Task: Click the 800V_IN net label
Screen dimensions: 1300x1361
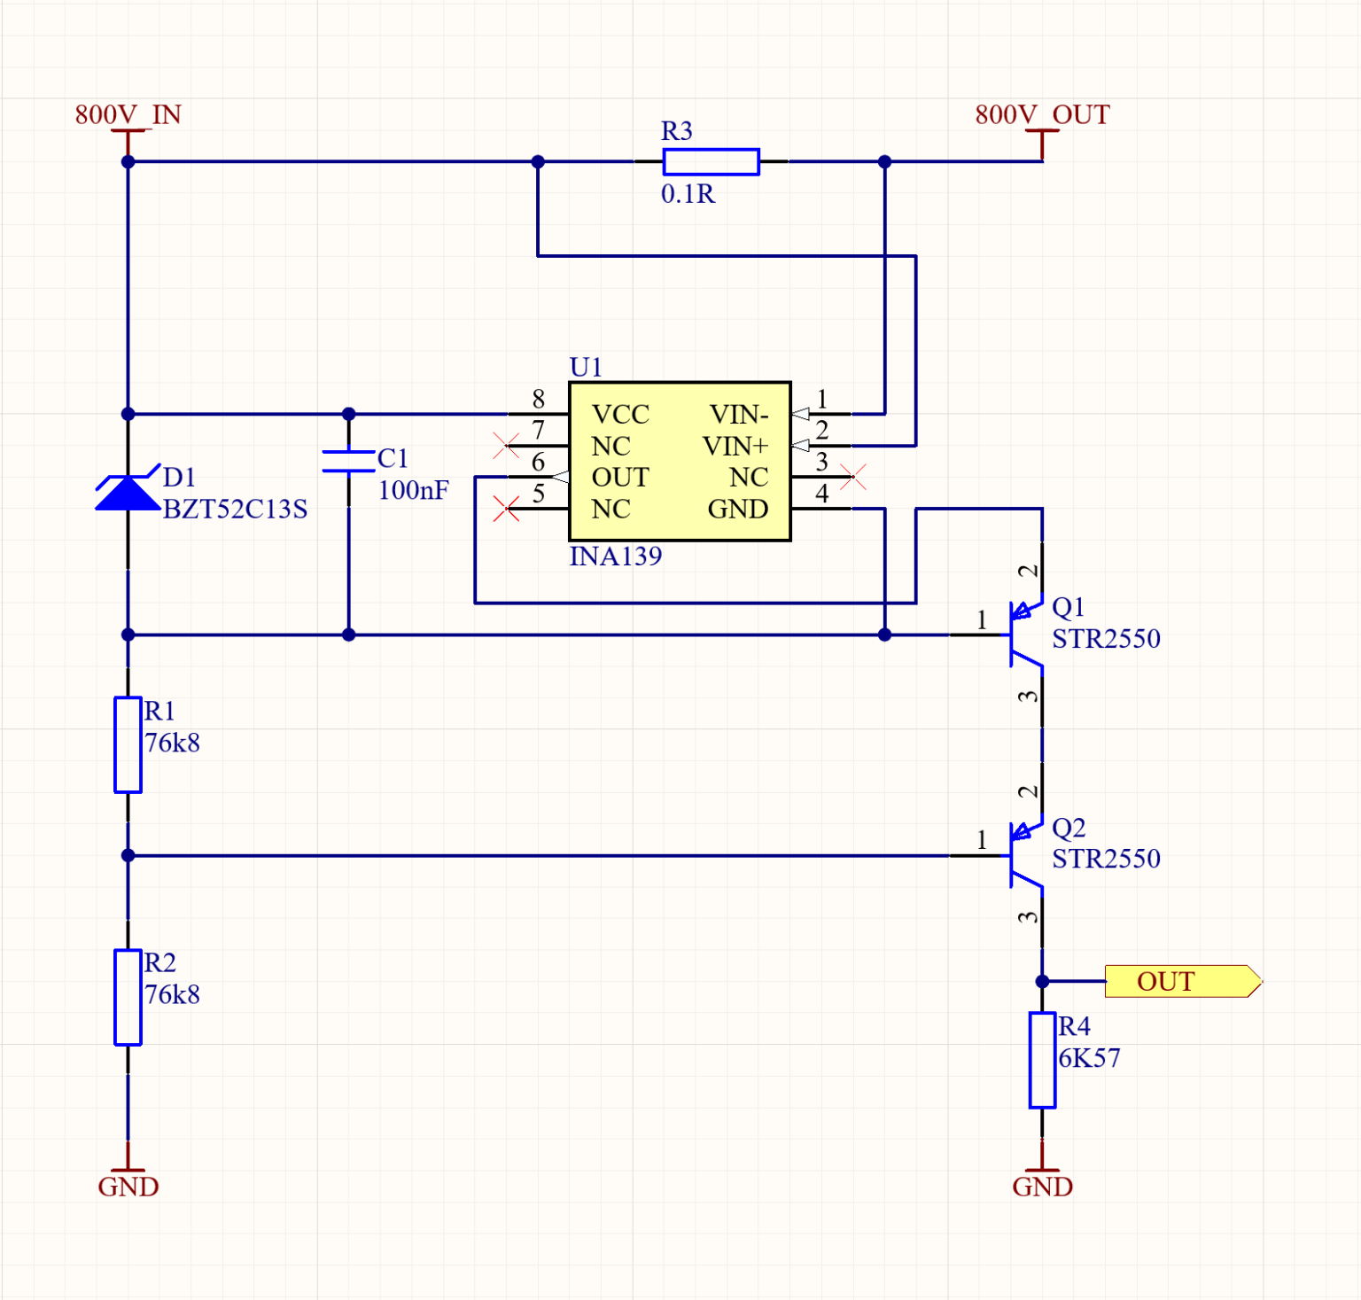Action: coord(128,114)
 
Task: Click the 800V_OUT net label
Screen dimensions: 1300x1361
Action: coord(1041,114)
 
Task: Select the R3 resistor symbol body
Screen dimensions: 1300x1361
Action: coord(711,161)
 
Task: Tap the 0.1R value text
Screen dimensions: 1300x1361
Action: coord(688,193)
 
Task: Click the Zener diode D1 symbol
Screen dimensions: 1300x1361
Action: coord(128,493)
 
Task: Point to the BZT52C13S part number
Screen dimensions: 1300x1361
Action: coord(235,509)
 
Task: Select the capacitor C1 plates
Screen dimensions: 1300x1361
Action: coord(348,461)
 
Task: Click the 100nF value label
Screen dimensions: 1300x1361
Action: coord(413,490)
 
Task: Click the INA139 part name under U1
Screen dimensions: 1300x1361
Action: coord(615,556)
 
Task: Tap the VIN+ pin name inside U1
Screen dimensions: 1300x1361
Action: coord(735,446)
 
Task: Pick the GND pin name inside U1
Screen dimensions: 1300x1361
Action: coord(737,509)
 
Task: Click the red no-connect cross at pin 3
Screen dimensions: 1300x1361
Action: coord(853,477)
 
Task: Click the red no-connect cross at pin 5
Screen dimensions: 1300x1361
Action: coord(506,509)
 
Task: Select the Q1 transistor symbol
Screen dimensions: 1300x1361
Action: coord(1023,634)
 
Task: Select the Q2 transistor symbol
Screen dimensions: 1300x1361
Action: coord(1023,855)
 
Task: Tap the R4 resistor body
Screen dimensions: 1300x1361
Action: coord(1042,1060)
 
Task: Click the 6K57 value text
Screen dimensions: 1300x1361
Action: coord(1089,1057)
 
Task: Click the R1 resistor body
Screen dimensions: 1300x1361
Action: coord(128,744)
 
